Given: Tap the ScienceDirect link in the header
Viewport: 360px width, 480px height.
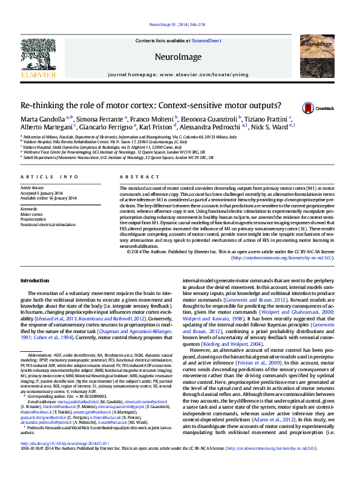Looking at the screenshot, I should (206, 41).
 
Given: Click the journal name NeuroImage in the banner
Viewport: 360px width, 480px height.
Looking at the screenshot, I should (179, 58).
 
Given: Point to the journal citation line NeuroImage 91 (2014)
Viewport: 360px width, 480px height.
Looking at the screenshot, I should (180, 25).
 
